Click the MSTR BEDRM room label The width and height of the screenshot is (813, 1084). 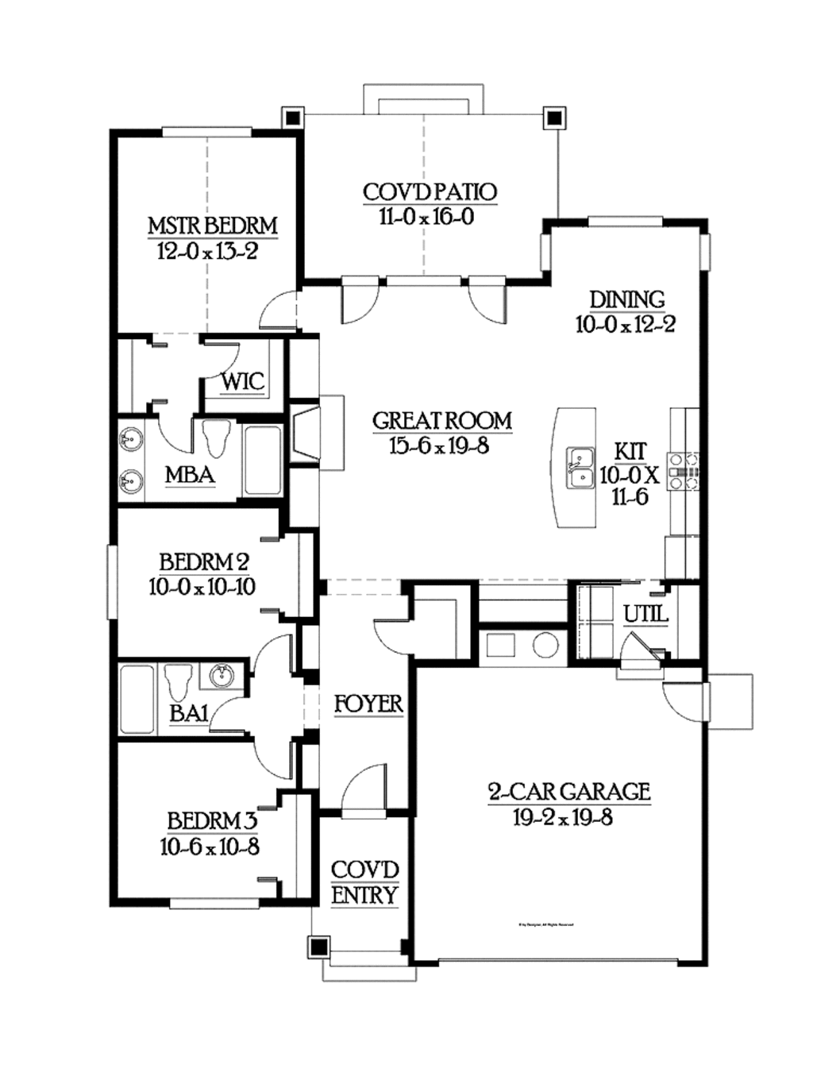[x=213, y=226]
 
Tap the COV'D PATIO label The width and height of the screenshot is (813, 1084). [x=430, y=192]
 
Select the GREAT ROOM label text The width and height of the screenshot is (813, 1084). [x=442, y=421]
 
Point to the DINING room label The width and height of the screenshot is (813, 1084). [x=626, y=300]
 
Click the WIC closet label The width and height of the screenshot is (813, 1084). [x=242, y=381]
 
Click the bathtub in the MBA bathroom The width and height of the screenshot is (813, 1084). [x=262, y=461]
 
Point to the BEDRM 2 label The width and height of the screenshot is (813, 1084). [x=204, y=562]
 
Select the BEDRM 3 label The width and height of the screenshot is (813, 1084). [x=211, y=820]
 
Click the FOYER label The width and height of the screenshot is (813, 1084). [x=368, y=704]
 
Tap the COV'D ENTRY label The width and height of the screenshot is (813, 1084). [x=364, y=882]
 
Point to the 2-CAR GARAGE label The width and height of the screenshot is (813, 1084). [x=568, y=792]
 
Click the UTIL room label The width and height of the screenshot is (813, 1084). [x=645, y=614]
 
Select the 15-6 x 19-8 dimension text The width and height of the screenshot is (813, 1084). [x=439, y=446]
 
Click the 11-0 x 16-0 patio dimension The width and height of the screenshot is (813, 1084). [x=426, y=217]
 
